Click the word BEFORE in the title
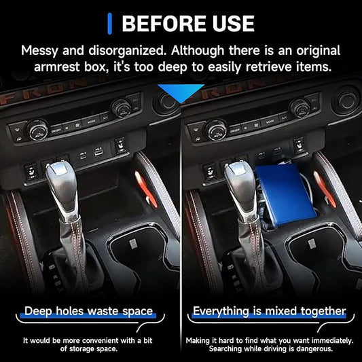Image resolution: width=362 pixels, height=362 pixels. (164, 24)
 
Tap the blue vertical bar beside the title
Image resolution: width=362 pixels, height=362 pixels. (109, 24)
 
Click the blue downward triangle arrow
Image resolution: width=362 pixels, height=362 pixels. (181, 93)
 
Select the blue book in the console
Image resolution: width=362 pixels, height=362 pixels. (286, 194)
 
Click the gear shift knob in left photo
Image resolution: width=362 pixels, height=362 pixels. (61, 185)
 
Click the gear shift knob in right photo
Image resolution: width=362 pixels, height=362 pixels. (240, 185)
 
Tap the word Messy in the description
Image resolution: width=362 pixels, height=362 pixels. (39, 51)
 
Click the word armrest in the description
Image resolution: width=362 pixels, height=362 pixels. (57, 67)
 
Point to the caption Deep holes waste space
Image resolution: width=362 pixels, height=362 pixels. (89, 311)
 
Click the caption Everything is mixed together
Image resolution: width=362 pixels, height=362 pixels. (269, 311)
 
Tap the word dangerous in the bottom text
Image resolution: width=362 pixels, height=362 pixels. (314, 348)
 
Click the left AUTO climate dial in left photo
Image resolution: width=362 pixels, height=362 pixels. (37, 130)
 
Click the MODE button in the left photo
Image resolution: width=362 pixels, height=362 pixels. (91, 122)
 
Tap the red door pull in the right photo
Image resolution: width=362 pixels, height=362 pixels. (324, 189)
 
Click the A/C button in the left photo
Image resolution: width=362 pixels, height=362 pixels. (105, 118)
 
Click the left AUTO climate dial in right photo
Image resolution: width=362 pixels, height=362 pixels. (215, 130)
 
